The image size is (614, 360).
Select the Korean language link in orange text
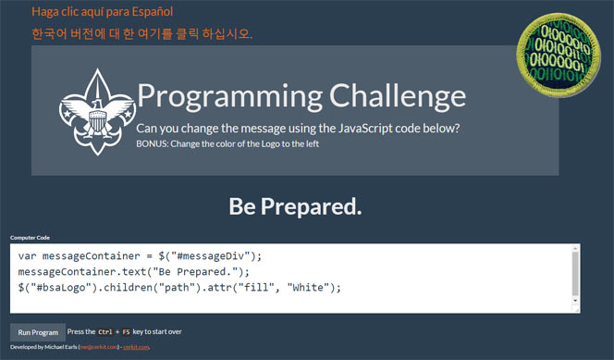click(141, 34)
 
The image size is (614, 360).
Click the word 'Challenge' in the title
click(392, 97)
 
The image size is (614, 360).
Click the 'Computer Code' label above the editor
click(31, 238)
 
